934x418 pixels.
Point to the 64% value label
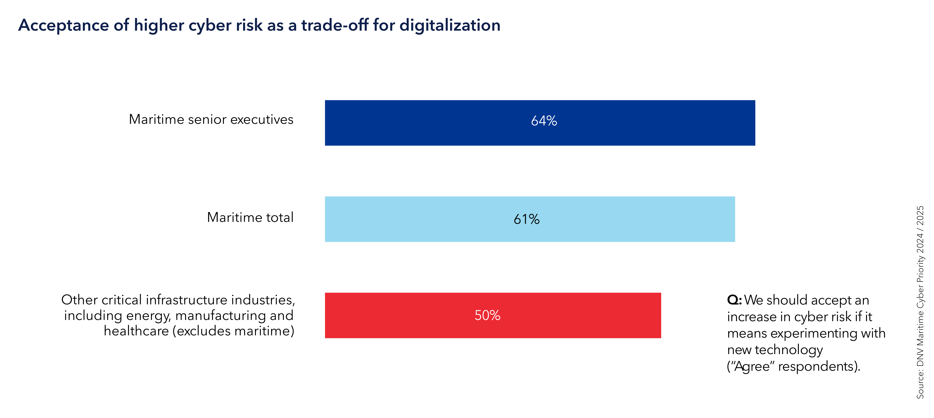pos(544,121)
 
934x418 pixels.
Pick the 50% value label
pos(487,315)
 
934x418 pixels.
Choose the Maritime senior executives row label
pos(211,119)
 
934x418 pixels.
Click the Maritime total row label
pos(250,217)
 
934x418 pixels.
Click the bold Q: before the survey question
pos(734,300)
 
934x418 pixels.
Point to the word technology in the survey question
pos(789,350)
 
